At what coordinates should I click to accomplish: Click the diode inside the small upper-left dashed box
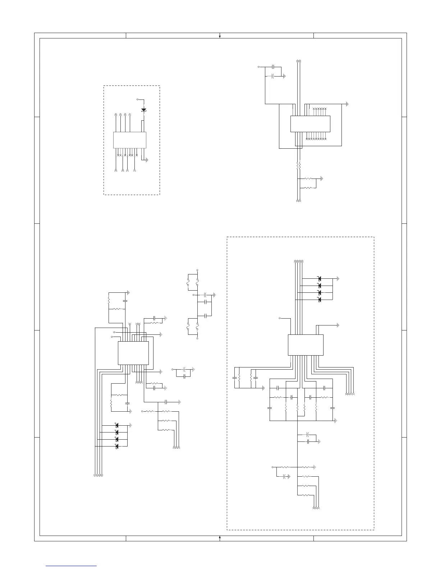coord(144,110)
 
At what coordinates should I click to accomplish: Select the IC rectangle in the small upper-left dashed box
coord(129,140)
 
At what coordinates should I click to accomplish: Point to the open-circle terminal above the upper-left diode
coord(138,99)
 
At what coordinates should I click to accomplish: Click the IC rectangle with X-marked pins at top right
coord(310,124)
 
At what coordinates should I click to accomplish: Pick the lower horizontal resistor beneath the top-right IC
coord(309,188)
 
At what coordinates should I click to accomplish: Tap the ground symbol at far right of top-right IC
coord(347,104)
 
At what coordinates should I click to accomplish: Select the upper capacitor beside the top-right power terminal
coord(274,67)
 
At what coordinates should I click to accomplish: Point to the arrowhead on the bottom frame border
coord(220,538)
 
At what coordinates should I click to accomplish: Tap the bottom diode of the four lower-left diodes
coord(116,446)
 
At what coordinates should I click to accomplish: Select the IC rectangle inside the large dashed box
coord(306,345)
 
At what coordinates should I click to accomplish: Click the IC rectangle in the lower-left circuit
coord(133,352)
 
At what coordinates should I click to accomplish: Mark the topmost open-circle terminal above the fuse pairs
coord(197,270)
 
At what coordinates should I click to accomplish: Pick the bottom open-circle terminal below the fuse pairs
coord(197,338)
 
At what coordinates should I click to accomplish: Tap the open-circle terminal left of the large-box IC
coord(280,318)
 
